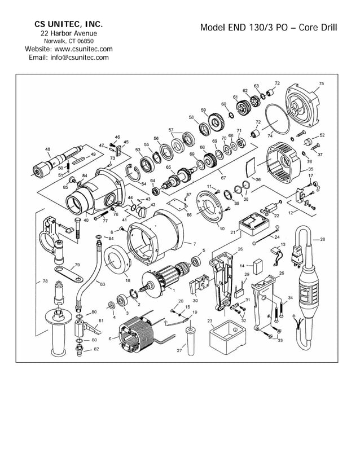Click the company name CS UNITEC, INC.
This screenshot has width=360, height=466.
click(x=68, y=24)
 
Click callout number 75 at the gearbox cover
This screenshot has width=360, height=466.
click(x=321, y=83)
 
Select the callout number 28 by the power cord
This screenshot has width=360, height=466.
click(x=323, y=239)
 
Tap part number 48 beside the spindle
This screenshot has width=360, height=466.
click(x=47, y=149)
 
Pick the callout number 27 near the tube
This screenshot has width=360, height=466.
click(x=179, y=350)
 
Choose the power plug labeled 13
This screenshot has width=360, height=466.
click(x=296, y=257)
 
